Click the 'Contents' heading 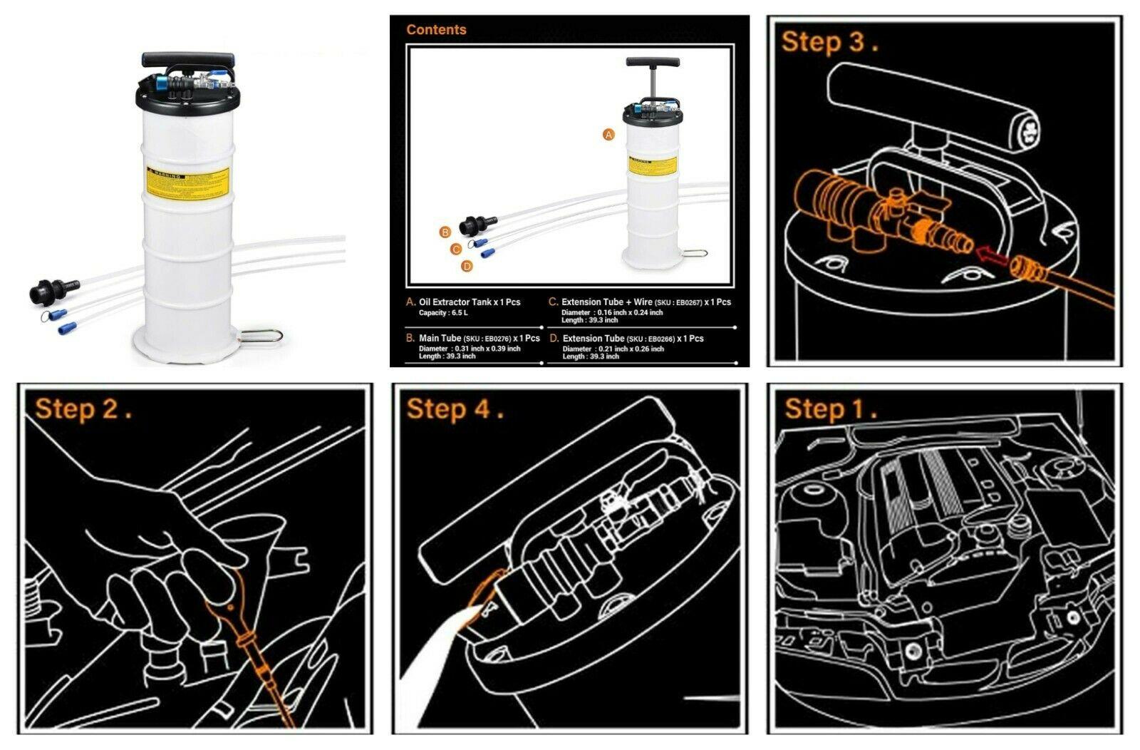tap(436, 30)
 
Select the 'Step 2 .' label tap(83, 409)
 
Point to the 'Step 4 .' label tap(455, 409)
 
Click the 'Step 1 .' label tap(831, 409)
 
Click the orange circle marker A tap(608, 134)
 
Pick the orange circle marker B tap(445, 232)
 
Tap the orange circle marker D tap(467, 266)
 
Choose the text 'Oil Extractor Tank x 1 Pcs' tap(470, 302)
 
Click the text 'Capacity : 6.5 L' tap(443, 313)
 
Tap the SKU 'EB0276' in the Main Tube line tap(497, 339)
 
